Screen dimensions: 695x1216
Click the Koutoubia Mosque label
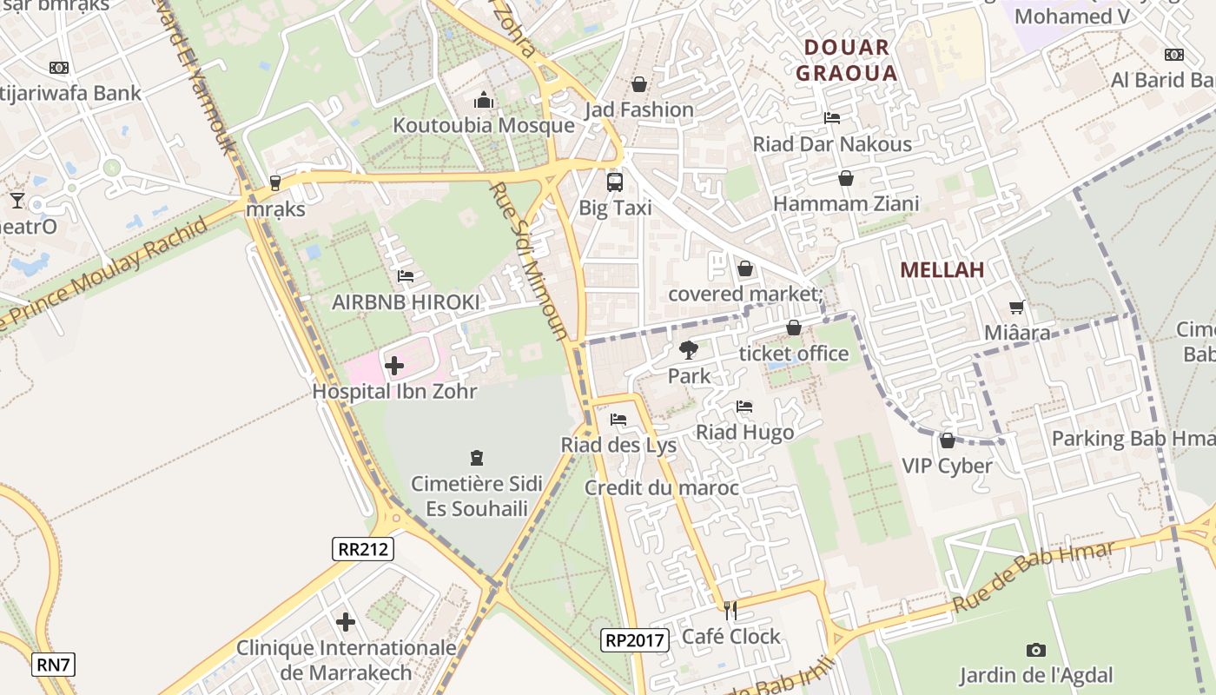484,125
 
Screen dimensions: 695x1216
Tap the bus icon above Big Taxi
615,182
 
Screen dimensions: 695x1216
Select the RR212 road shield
363,549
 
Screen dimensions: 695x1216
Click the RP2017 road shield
636,641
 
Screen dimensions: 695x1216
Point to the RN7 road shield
54,665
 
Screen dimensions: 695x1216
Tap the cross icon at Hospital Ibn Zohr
394,366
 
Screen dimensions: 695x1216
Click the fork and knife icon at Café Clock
730,611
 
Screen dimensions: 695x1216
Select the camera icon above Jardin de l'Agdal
1035,650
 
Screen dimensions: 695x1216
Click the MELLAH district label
942,270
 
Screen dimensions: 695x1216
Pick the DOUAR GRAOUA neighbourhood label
846,60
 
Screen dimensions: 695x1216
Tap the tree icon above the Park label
689,350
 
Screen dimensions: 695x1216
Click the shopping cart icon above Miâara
1016,307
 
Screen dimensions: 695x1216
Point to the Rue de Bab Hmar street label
1033,578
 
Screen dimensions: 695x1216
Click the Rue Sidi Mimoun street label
529,261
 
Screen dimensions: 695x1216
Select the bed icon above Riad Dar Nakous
832,118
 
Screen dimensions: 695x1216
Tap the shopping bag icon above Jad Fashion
639,84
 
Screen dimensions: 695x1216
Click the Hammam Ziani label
845,204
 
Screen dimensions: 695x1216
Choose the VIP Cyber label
947,466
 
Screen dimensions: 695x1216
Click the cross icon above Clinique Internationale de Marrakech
346,622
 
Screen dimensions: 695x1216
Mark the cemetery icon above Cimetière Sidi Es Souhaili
476,458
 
